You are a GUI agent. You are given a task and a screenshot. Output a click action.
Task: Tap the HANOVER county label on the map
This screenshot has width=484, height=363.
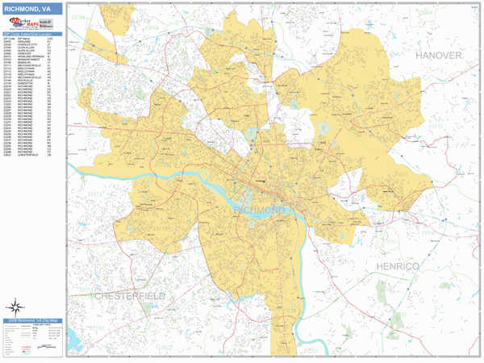point(438,55)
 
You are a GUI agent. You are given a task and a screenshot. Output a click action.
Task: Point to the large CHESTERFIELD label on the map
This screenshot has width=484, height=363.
point(130,296)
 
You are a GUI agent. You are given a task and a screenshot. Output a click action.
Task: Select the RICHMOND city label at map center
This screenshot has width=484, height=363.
point(259,210)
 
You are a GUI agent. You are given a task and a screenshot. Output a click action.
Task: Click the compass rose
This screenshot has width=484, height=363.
point(15,307)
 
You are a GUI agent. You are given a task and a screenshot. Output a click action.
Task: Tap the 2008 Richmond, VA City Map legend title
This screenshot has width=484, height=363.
point(31,320)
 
